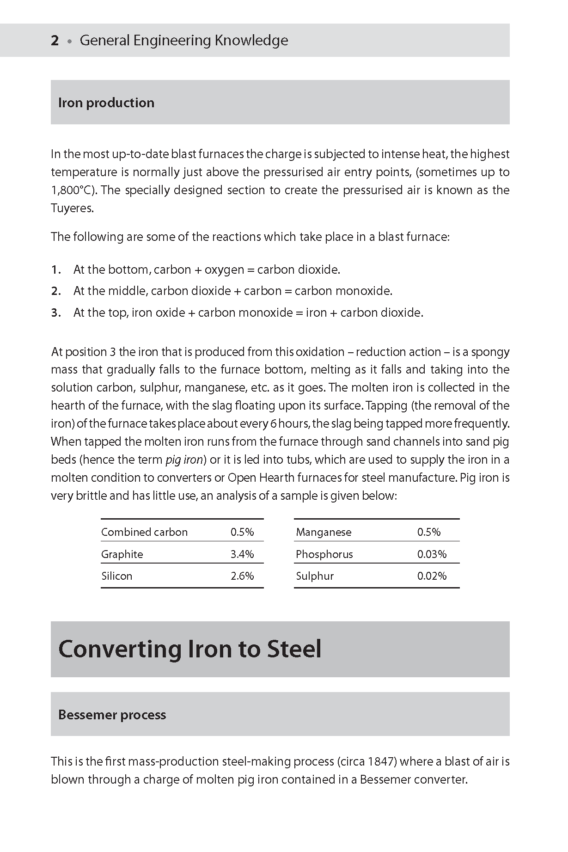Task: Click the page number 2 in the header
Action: (55, 41)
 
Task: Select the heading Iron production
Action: (106, 103)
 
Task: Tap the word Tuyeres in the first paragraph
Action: (72, 208)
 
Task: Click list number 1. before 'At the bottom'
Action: (56, 270)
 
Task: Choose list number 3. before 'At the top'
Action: (56, 313)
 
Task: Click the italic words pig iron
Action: (184, 460)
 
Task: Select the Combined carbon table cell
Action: (144, 532)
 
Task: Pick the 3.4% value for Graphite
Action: (242, 554)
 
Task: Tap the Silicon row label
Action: (117, 576)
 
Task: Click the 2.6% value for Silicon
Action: (242, 576)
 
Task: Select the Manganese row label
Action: (324, 532)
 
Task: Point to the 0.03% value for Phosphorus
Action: (432, 554)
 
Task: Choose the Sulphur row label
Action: (315, 576)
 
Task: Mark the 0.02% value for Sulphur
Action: (432, 576)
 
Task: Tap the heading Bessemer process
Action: (112, 715)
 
